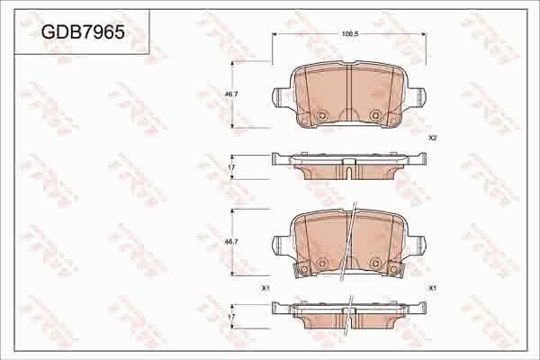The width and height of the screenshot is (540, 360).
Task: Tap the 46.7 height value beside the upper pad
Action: (x=229, y=93)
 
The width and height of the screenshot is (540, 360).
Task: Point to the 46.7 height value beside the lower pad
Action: (x=229, y=242)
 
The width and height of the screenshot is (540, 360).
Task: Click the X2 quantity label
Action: (x=432, y=138)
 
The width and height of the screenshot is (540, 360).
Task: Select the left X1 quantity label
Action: (x=265, y=287)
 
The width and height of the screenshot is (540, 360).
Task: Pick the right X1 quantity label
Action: (x=432, y=287)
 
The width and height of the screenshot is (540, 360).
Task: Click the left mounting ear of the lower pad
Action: (x=278, y=242)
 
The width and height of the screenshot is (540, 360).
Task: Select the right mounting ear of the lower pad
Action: (x=419, y=242)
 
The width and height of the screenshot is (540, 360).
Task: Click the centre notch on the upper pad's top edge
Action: (x=348, y=65)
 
